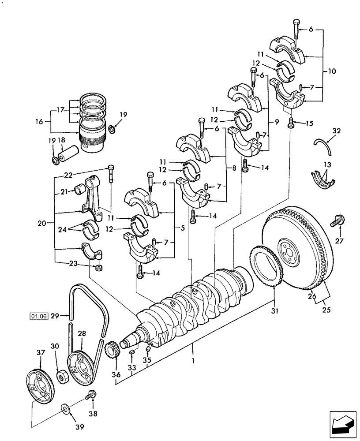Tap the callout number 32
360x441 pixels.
(x=336, y=131)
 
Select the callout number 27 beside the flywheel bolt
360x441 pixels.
(x=339, y=241)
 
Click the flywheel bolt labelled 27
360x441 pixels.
(x=336, y=220)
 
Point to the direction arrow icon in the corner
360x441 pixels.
(x=341, y=424)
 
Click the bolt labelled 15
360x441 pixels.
(x=291, y=123)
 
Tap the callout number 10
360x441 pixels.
(x=332, y=71)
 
